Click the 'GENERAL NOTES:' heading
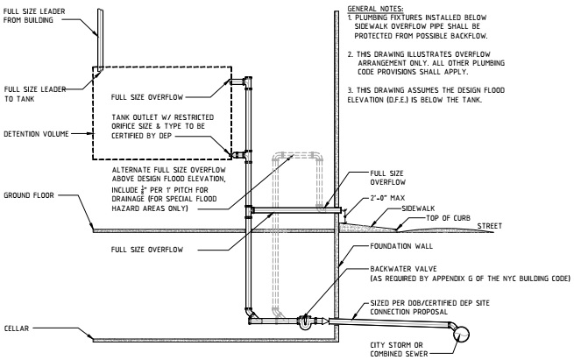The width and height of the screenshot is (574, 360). tap(375, 9)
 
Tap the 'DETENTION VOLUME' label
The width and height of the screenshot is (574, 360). tap(36, 134)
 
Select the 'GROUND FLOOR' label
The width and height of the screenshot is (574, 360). tap(29, 195)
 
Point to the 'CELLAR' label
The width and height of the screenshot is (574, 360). tap(17, 328)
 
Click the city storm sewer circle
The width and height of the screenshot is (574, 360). tap(461, 334)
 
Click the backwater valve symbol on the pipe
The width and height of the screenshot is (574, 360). tap(305, 322)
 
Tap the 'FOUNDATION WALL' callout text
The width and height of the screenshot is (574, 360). tap(401, 246)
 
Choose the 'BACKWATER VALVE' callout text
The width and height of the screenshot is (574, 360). tap(403, 269)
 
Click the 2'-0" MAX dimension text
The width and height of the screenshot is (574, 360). tap(387, 198)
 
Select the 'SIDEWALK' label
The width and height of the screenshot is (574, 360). tap(418, 208)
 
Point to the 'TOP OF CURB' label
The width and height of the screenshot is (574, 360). tap(448, 218)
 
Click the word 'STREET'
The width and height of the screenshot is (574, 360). tap(490, 226)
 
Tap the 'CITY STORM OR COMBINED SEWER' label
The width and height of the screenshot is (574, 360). tap(399, 349)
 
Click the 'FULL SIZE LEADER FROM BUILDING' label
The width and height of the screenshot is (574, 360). tap(34, 16)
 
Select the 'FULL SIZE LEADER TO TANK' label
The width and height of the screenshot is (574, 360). tap(35, 94)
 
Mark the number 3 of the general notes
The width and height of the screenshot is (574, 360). tap(350, 90)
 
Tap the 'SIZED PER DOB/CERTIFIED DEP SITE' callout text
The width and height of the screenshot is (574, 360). tap(429, 303)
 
